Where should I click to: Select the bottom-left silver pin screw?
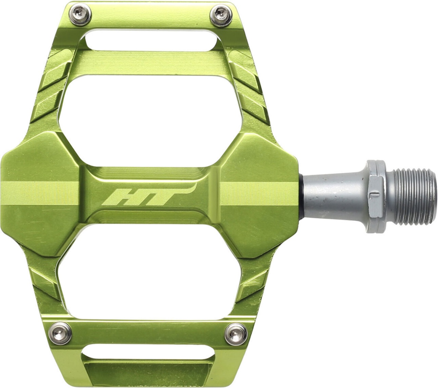(x=60, y=334)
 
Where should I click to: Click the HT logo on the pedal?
(x=149, y=194)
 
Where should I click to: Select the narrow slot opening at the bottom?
(x=148, y=352)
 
